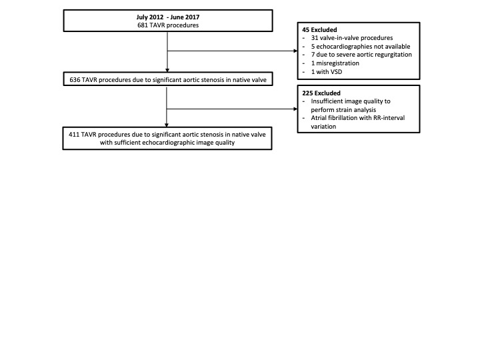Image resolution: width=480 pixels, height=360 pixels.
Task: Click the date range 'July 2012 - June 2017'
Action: pyautogui.click(x=168, y=17)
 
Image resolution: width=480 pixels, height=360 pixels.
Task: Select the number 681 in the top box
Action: pyautogui.click(x=143, y=25)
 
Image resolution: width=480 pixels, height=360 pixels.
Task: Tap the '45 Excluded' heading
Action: pyautogui.click(x=319, y=30)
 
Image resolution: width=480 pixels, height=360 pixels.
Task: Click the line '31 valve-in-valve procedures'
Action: pyautogui.click(x=352, y=38)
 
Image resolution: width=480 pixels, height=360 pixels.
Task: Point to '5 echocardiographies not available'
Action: pyautogui.click(x=361, y=47)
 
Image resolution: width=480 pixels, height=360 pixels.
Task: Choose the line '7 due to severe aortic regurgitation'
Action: pyautogui.click(x=361, y=55)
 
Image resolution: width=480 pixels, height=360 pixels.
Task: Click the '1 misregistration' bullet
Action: pyautogui.click(x=335, y=63)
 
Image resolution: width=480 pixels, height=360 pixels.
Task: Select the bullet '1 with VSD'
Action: pyautogui.click(x=327, y=72)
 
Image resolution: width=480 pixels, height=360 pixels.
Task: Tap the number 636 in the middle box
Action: pyautogui.click(x=75, y=80)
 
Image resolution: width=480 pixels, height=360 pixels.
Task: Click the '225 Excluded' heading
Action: pyautogui.click(x=321, y=93)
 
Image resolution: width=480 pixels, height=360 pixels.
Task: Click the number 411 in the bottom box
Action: pyautogui.click(x=74, y=135)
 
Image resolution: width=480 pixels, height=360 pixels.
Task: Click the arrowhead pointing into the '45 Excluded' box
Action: pyautogui.click(x=295, y=51)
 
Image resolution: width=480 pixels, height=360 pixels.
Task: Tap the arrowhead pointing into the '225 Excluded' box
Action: pyautogui.click(x=295, y=109)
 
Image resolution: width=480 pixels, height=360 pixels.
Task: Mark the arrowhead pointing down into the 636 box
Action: pyautogui.click(x=167, y=70)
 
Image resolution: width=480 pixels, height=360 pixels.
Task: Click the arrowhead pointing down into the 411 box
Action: pyautogui.click(x=167, y=125)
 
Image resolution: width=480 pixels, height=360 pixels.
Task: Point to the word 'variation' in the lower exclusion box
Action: pyautogui.click(x=323, y=127)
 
